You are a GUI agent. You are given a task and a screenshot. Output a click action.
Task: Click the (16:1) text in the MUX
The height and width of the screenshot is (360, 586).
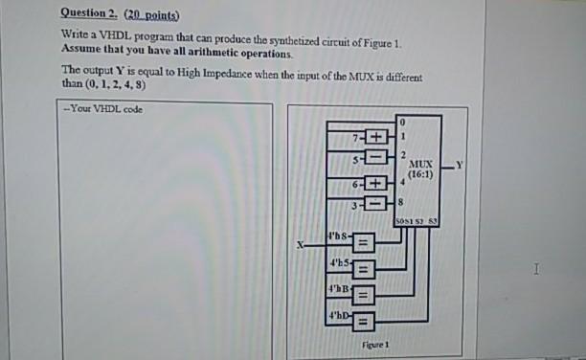(420, 176)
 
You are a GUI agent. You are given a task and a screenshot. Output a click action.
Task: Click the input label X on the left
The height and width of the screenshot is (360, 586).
(298, 246)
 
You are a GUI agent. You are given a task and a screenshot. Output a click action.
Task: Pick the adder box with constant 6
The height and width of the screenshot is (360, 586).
(372, 182)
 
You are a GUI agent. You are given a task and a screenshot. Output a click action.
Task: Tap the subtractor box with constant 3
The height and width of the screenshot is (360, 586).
(372, 203)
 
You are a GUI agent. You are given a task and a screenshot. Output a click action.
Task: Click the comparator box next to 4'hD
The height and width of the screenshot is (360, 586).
(365, 316)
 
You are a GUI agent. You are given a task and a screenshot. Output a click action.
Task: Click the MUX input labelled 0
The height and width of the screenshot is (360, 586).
(404, 123)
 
